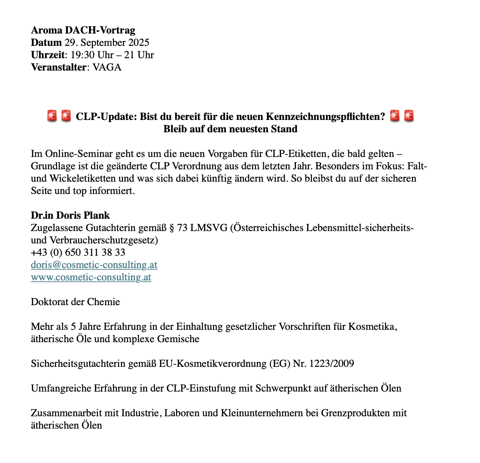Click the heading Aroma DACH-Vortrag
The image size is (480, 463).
pyautogui.click(x=83, y=30)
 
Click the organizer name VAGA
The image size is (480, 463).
pyautogui.click(x=107, y=67)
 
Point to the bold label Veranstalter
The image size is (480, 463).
pyautogui.click(x=58, y=67)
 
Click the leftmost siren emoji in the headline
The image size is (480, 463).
pyautogui.click(x=52, y=116)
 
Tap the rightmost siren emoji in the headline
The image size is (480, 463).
pyautogui.click(x=409, y=116)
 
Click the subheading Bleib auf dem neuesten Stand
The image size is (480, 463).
pyautogui.click(x=230, y=129)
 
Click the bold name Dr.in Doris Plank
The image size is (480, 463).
pyautogui.click(x=70, y=216)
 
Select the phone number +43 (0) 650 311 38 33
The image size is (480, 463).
pyautogui.click(x=78, y=253)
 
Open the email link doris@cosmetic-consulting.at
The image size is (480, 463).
pyautogui.click(x=94, y=265)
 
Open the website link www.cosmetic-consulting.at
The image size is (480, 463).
pyautogui.click(x=91, y=277)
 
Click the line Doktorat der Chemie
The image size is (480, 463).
pyautogui.click(x=75, y=302)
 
